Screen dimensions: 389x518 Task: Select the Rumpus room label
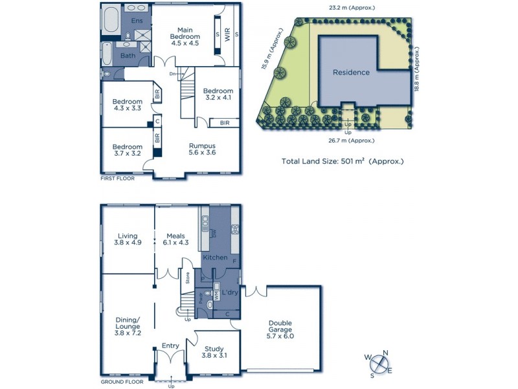tap(202, 149)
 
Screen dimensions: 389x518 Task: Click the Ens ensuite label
tap(137, 21)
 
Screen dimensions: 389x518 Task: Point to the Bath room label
tap(128, 56)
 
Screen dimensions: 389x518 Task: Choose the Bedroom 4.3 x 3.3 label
tap(127, 105)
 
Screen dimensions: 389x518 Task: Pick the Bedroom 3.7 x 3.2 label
tap(127, 150)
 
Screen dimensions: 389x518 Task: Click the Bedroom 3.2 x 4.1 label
tap(218, 95)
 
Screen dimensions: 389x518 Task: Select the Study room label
tap(214, 350)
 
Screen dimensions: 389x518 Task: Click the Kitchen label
tap(216, 257)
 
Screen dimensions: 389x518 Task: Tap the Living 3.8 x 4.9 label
tap(127, 240)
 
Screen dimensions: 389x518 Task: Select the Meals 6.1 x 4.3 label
tap(175, 240)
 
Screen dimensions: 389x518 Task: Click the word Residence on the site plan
tap(351, 72)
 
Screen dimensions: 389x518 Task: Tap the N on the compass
tap(385, 353)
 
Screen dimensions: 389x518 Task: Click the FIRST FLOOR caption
tap(118, 178)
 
